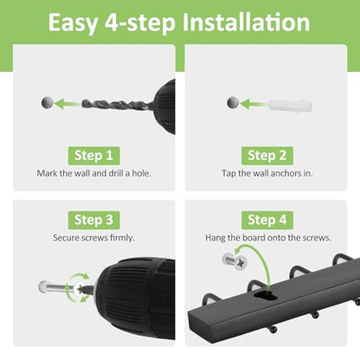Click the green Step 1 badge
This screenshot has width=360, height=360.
(93, 156)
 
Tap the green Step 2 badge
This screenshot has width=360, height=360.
(267, 156)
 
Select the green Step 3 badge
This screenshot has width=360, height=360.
(93, 220)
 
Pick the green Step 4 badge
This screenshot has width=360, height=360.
(267, 220)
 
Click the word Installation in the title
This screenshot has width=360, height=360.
(246, 22)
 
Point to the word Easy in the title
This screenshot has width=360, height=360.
(74, 23)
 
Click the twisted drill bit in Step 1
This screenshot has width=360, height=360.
(115, 104)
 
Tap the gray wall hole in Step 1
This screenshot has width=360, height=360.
(48, 102)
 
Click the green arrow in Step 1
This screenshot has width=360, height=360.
(67, 104)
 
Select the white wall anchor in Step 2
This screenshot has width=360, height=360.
(291, 106)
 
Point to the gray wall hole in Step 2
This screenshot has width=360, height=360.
(233, 102)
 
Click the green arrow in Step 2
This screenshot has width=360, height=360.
(254, 104)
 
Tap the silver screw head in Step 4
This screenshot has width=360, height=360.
(235, 261)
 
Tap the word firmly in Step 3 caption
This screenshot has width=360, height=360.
(122, 238)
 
